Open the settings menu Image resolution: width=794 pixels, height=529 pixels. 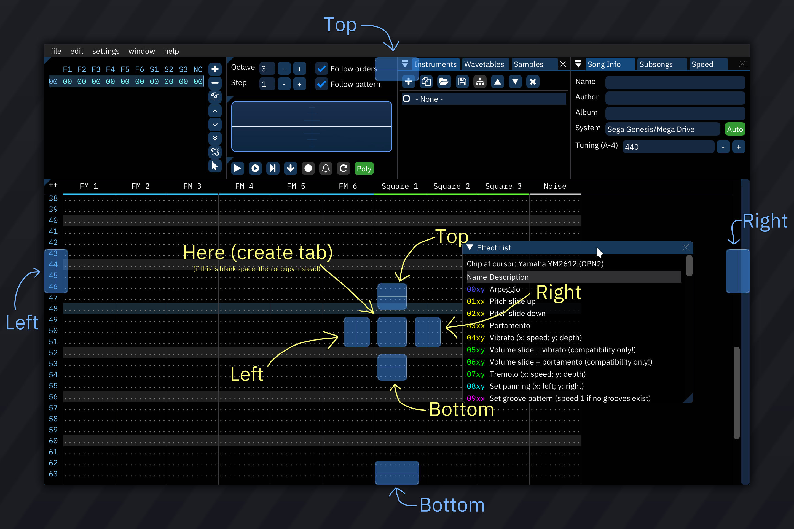pyautogui.click(x=106, y=51)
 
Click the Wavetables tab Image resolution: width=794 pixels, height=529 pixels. pyautogui.click(x=484, y=64)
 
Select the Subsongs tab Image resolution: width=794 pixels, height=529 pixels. pyautogui.click(x=656, y=64)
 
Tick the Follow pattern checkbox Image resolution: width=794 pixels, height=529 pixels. pyautogui.click(x=322, y=84)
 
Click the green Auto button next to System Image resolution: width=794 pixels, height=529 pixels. pyautogui.click(x=734, y=129)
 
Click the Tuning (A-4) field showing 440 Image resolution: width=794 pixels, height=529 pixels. pyautogui.click(x=668, y=147)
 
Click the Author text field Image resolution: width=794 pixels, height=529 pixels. pyautogui.click(x=675, y=98)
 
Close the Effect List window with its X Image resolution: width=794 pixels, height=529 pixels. pyautogui.click(x=686, y=248)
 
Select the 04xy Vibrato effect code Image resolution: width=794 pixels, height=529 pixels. pyautogui.click(x=475, y=338)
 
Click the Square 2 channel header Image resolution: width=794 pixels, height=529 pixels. pyautogui.click(x=451, y=186)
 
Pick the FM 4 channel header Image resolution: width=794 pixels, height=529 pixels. pyautogui.click(x=244, y=186)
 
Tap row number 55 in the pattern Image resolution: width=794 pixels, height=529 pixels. pyautogui.click(x=53, y=386)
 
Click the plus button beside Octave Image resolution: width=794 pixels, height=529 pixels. pyautogui.click(x=299, y=69)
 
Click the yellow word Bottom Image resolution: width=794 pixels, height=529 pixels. pyautogui.click(x=461, y=410)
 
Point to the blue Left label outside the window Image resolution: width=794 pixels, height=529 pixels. pyautogui.click(x=22, y=323)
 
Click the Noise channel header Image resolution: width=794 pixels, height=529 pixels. pyautogui.click(x=555, y=186)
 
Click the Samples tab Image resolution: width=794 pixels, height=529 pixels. pyautogui.click(x=528, y=64)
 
